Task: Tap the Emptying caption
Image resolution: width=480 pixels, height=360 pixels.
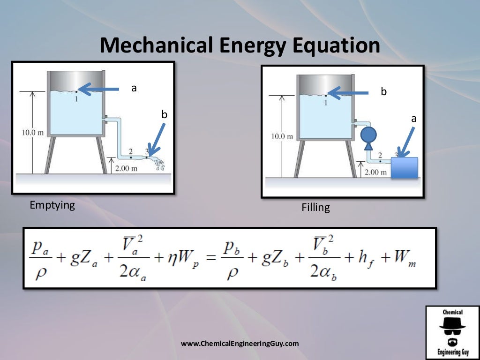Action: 52,205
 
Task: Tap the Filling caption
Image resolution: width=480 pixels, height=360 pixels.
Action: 315,207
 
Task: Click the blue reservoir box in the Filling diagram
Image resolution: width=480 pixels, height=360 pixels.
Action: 404,168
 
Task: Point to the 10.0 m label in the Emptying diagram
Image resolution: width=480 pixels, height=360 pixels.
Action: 32,132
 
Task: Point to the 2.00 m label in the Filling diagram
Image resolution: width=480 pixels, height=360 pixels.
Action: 376,172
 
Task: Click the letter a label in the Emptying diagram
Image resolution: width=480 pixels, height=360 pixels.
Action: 134,88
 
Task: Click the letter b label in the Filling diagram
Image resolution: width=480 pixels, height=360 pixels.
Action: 383,92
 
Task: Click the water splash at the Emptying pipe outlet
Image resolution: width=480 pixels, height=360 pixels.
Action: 160,164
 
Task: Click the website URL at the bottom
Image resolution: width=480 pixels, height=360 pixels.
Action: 240,344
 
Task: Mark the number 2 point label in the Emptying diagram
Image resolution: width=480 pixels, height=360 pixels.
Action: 130,151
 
